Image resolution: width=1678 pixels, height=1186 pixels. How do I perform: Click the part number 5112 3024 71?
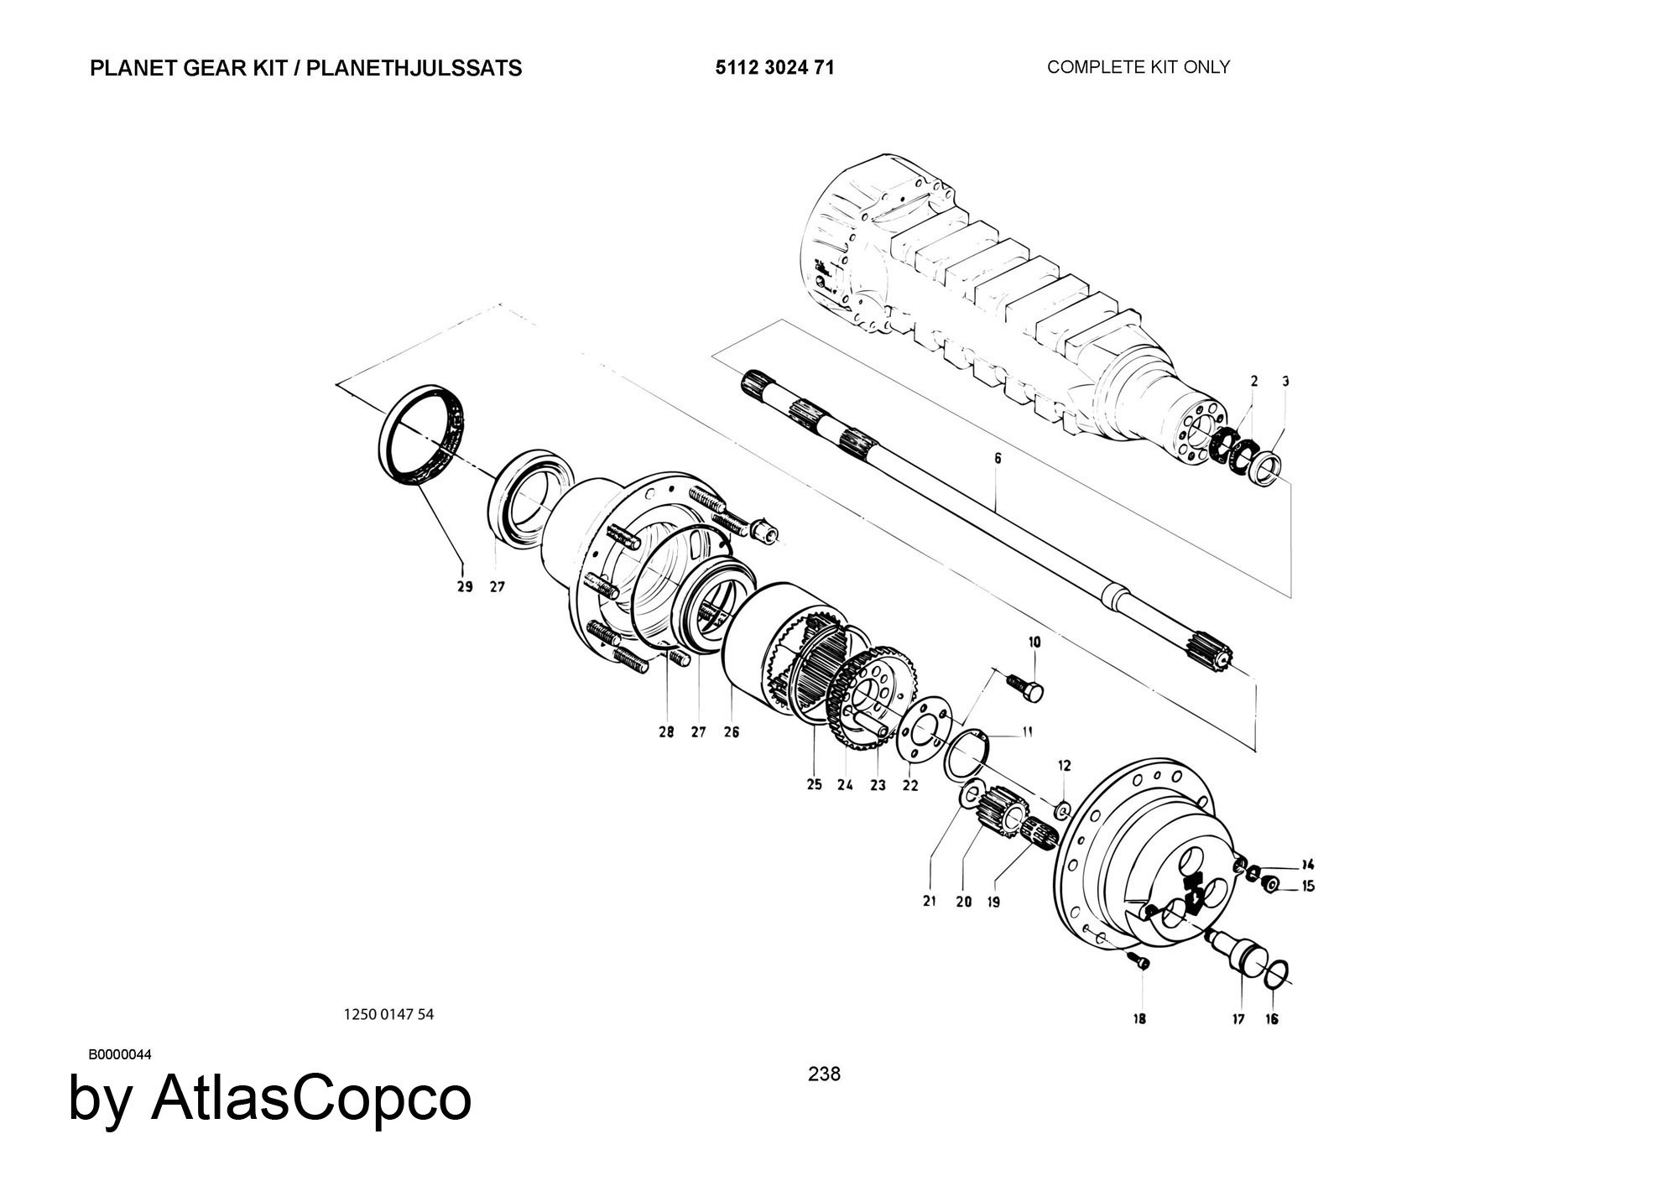pyautogui.click(x=774, y=68)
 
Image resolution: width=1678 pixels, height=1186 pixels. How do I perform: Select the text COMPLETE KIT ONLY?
pyautogui.click(x=1138, y=67)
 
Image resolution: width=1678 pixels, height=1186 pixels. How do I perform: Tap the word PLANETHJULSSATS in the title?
pyautogui.click(x=414, y=69)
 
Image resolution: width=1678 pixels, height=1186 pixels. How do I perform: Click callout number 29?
pyautogui.click(x=465, y=587)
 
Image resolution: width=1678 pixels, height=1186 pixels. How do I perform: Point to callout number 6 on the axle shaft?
pyautogui.click(x=998, y=459)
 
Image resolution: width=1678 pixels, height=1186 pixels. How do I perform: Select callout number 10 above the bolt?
pyautogui.click(x=1034, y=642)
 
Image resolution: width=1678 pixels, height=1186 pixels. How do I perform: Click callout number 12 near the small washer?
pyautogui.click(x=1064, y=766)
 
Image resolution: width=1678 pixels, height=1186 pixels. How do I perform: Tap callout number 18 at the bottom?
pyautogui.click(x=1139, y=1019)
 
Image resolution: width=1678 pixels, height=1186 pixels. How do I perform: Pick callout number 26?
pyautogui.click(x=731, y=732)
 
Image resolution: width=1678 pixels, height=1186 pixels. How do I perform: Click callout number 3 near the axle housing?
pyautogui.click(x=1285, y=382)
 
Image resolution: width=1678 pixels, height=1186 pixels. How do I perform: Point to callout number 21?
pyautogui.click(x=929, y=902)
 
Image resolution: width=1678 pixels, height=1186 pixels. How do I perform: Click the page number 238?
pyautogui.click(x=824, y=1074)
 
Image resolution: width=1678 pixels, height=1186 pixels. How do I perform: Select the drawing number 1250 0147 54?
pyautogui.click(x=388, y=1014)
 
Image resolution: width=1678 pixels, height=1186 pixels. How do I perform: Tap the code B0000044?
pyautogui.click(x=120, y=1055)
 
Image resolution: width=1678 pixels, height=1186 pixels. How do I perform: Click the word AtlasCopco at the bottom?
pyautogui.click(x=310, y=1099)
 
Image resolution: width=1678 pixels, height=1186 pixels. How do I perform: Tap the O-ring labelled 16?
pyautogui.click(x=1273, y=974)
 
